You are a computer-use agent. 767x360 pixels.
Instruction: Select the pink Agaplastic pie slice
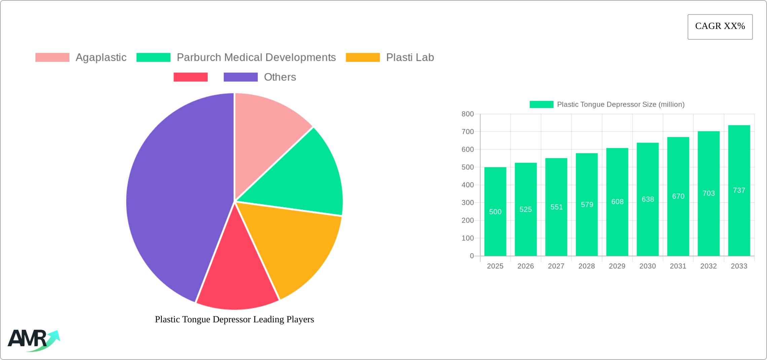pyautogui.click(x=266, y=135)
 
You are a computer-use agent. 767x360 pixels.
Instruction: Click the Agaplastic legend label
pyautogui.click(x=101, y=58)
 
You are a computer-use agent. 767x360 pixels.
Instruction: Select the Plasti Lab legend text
pyautogui.click(x=410, y=58)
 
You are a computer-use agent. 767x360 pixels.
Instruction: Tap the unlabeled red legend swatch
pyautogui.click(x=190, y=77)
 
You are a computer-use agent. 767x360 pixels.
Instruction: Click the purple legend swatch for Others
pyautogui.click(x=241, y=77)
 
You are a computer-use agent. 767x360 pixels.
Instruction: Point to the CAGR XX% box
pyautogui.click(x=720, y=27)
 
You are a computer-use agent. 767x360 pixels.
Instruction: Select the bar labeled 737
pyautogui.click(x=739, y=190)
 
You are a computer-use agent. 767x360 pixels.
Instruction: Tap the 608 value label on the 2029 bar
pyautogui.click(x=617, y=202)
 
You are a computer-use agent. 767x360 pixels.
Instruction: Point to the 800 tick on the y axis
pyautogui.click(x=468, y=114)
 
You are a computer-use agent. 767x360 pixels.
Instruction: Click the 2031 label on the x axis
pyautogui.click(x=678, y=266)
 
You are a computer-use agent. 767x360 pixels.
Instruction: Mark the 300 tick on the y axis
pyautogui.click(x=468, y=203)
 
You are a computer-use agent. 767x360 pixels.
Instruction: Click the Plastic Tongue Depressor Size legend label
pyautogui.click(x=621, y=105)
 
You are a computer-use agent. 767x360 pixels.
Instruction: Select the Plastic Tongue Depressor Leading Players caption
pyautogui.click(x=234, y=319)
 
